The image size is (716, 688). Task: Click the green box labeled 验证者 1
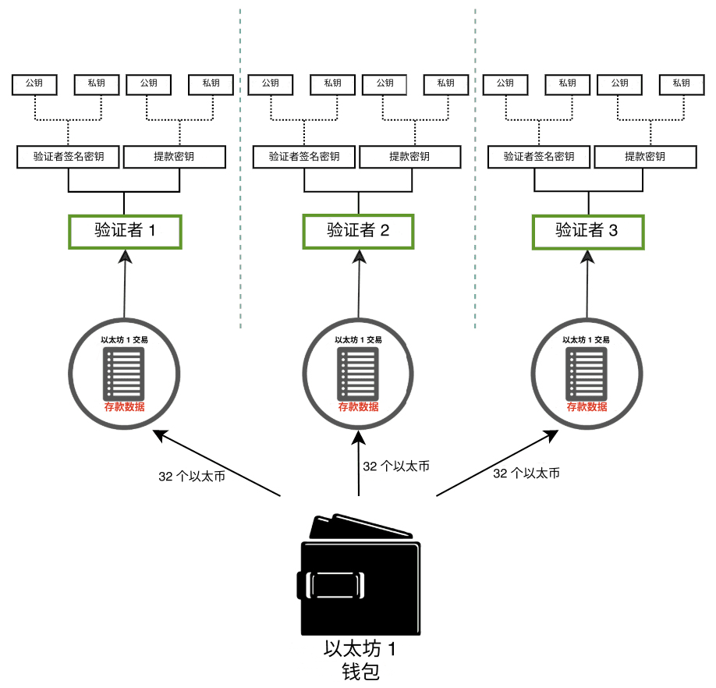[125, 232]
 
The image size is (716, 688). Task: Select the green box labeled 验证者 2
[358, 231]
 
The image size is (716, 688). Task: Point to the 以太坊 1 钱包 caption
[360, 660]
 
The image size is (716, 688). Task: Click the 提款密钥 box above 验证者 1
[175, 157]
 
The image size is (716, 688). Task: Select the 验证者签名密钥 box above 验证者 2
[304, 157]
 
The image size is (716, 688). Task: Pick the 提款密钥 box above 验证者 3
[645, 157]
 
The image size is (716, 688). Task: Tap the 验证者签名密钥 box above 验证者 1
[69, 157]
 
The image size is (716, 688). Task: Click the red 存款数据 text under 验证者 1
[125, 407]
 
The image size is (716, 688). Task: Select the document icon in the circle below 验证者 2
[359, 373]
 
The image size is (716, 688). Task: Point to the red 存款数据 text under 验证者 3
[587, 407]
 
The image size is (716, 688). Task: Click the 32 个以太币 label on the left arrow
[192, 477]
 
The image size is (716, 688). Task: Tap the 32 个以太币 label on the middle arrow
[396, 466]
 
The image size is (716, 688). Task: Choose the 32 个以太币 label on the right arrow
[526, 473]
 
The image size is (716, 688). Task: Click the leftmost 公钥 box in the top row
[34, 83]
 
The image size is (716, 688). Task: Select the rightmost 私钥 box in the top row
[681, 83]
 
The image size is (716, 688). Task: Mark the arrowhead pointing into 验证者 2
[359, 257]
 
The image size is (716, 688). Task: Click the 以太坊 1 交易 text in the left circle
[125, 340]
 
